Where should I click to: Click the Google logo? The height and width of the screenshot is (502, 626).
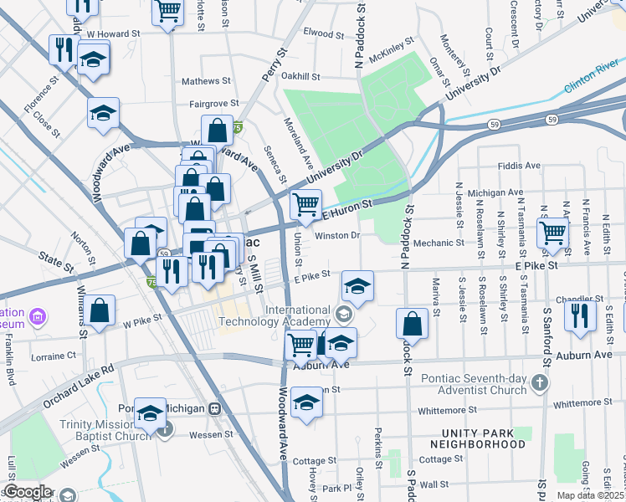(x=28, y=492)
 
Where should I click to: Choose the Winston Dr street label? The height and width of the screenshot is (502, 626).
(x=337, y=235)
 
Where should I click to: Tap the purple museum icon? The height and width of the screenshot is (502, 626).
(x=37, y=316)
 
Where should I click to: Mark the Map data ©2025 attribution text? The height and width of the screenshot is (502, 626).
(x=591, y=495)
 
